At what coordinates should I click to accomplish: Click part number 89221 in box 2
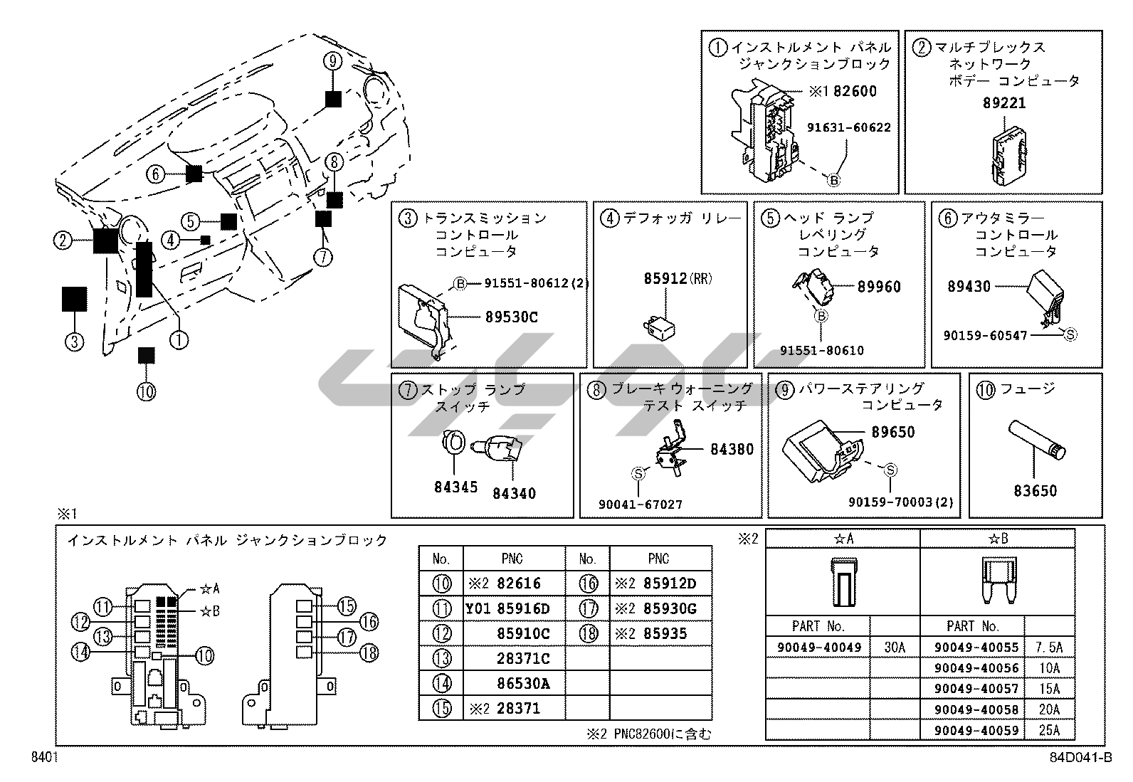tap(1004, 103)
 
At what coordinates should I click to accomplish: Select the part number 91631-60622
tap(848, 127)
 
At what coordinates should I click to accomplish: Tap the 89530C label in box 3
tap(511, 317)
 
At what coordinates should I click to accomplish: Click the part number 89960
tap(879, 287)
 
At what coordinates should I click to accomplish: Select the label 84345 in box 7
tap(455, 487)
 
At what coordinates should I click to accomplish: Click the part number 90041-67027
tap(640, 504)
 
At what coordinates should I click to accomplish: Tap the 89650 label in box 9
tap(892, 432)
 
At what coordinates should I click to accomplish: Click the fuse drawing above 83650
tap(1036, 442)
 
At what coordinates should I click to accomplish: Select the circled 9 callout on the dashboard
tap(332, 61)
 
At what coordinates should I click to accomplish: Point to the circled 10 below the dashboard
tap(146, 391)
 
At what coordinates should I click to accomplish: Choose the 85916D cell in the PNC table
tap(523, 609)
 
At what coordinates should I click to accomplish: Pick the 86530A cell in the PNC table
tap(523, 684)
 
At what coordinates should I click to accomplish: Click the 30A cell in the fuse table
tap(894, 648)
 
